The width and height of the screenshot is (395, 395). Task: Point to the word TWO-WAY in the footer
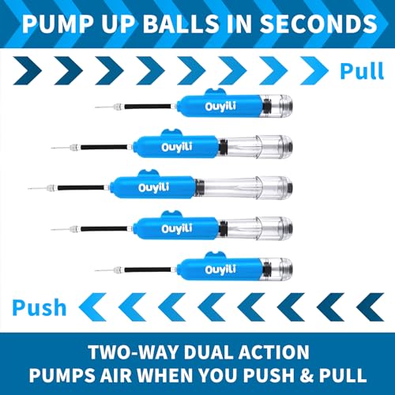107,349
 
